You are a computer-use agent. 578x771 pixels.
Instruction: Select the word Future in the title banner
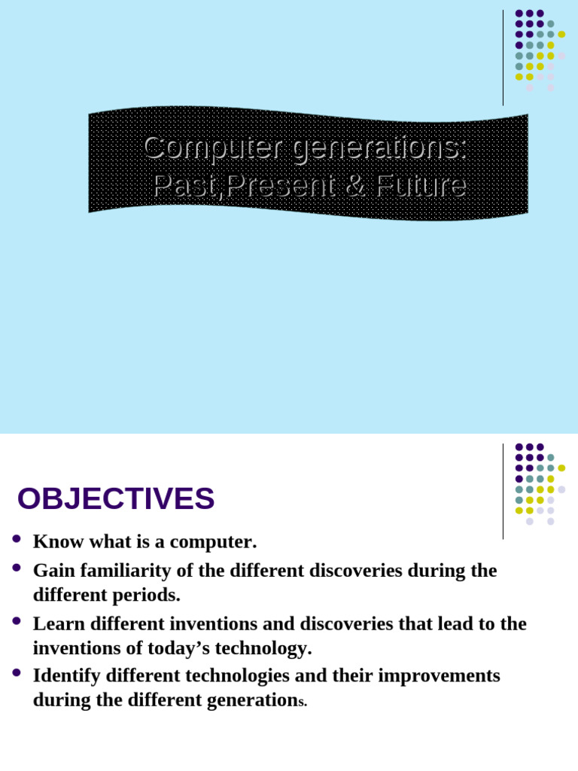421,185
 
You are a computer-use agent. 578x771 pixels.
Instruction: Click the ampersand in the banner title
356,185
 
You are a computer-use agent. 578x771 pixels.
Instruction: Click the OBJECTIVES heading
116,498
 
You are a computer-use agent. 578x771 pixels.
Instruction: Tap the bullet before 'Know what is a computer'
17,539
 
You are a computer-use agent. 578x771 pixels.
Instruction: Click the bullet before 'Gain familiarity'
17,568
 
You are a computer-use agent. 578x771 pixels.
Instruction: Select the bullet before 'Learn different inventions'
17,621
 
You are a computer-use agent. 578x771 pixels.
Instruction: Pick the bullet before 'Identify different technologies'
17,672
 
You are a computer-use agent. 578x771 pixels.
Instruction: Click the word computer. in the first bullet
213,543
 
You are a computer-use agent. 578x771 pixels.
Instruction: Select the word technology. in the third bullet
263,648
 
